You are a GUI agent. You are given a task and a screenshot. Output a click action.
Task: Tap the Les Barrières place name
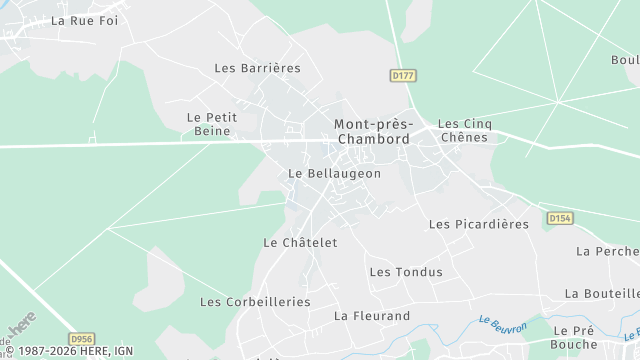pos(257,68)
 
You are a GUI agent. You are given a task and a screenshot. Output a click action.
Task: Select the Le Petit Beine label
pos(212,124)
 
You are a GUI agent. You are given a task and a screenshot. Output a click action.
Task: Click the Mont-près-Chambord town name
pos(372,132)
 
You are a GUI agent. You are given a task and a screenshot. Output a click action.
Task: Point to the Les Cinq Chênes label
pos(464,130)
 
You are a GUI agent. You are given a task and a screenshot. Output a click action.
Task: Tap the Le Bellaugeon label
pos(334,173)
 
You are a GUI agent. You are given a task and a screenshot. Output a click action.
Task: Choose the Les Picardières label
pos(478,224)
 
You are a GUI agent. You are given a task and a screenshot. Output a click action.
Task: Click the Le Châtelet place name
pos(300,242)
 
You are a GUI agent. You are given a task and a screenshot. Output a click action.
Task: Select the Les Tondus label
pos(405,272)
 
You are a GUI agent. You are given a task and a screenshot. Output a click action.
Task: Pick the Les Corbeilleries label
pos(255,301)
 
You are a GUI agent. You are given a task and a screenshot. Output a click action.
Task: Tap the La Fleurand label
pos(372,316)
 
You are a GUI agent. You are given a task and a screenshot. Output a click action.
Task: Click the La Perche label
pos(608,250)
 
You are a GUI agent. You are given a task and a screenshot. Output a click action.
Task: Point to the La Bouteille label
pos(602,293)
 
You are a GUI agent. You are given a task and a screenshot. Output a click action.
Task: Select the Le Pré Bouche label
pos(574,337)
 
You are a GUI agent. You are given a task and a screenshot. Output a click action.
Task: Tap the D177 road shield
pos(402,75)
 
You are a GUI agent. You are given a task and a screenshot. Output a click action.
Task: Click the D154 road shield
pos(559,218)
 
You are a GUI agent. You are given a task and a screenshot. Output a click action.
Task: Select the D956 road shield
pos(82,340)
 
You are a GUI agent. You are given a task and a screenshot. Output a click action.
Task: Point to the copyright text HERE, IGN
pos(69,351)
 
